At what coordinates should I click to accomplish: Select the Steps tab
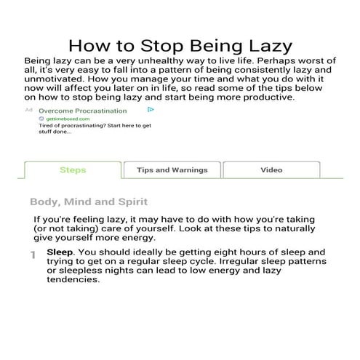[72, 170]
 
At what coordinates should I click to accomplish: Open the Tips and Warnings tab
[172, 170]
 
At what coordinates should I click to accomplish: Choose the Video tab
[271, 170]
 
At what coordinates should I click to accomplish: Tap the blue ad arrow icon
[151, 110]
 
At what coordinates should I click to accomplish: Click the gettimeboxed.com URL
[68, 118]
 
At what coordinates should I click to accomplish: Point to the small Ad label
[29, 110]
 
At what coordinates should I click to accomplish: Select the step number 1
[33, 255]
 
